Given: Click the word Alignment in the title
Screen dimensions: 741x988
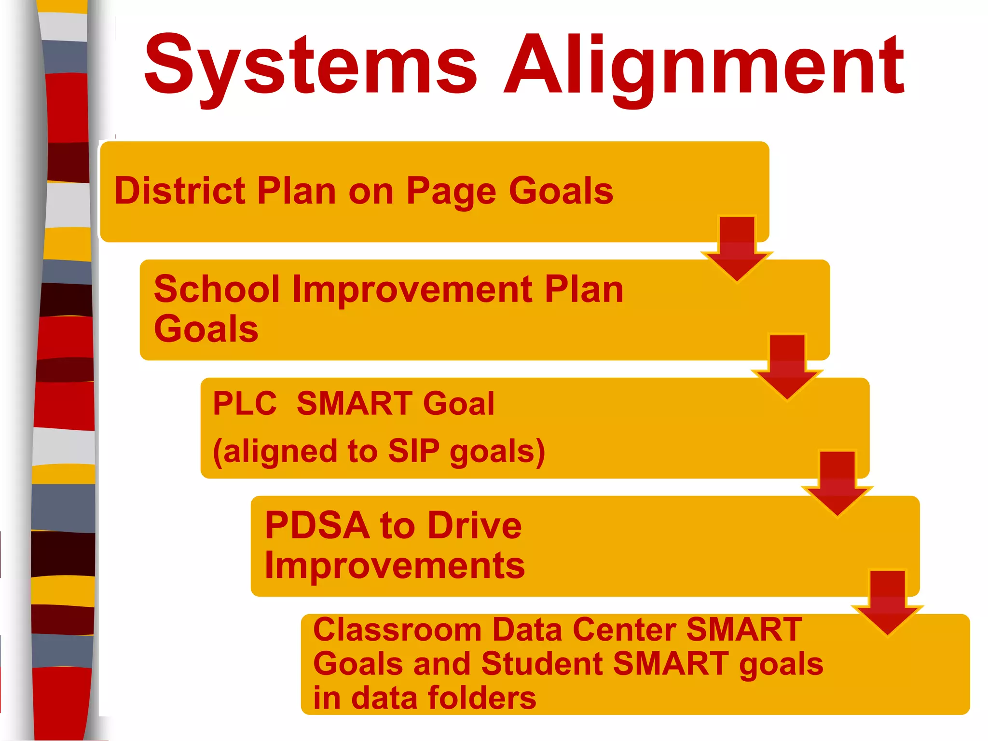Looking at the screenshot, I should tap(704, 65).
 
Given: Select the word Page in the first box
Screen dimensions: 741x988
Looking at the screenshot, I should tap(451, 192).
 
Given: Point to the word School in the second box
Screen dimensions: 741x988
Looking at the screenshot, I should tap(217, 289).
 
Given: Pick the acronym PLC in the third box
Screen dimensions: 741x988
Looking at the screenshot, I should tap(245, 403).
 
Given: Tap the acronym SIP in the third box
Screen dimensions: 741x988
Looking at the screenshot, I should tap(414, 452).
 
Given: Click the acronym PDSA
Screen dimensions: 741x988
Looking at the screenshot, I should tap(317, 525).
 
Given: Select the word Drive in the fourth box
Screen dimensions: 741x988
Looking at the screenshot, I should tap(475, 525).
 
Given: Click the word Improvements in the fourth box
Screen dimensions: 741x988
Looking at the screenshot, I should tap(395, 566).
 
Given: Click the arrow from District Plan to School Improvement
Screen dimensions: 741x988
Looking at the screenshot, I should tap(737, 248).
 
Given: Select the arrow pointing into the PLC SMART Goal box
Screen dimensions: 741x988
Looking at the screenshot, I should tap(787, 367).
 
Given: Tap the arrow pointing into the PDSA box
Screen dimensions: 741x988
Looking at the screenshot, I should tap(837, 484).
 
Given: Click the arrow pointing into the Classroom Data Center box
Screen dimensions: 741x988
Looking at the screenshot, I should tap(888, 602).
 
